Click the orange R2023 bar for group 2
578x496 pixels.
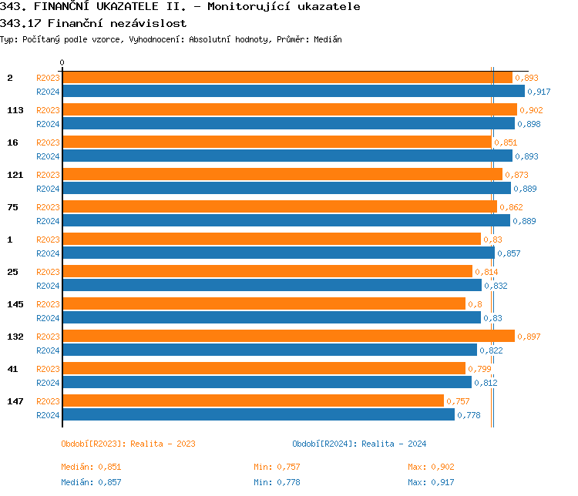[287, 77]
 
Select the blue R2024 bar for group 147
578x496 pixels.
[258, 414]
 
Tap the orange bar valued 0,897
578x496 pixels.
[288, 336]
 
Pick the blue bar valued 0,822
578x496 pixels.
[269, 350]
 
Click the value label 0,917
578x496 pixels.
[539, 92]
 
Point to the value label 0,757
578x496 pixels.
[458, 401]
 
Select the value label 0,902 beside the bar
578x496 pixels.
[531, 110]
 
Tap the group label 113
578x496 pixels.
[15, 110]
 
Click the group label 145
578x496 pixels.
[15, 304]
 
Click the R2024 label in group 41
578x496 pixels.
[48, 383]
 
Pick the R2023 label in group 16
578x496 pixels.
[48, 142]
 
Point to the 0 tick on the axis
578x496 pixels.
[62, 63]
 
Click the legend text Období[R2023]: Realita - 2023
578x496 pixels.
[128, 444]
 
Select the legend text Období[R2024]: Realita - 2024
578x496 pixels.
[359, 444]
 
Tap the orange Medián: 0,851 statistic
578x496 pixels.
[91, 467]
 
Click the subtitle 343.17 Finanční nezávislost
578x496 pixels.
[93, 23]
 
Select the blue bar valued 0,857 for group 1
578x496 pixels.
[278, 253]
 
